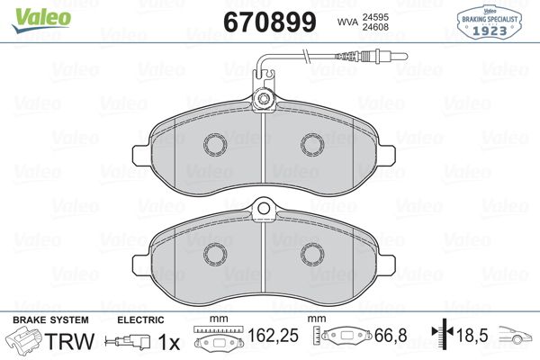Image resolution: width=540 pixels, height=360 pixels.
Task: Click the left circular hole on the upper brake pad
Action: click(x=215, y=144)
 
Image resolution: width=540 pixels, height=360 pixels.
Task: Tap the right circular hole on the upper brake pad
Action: click(x=311, y=144)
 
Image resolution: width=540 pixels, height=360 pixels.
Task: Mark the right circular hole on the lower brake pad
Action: click(x=311, y=253)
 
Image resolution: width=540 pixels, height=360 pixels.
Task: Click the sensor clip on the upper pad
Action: click(x=263, y=99)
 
